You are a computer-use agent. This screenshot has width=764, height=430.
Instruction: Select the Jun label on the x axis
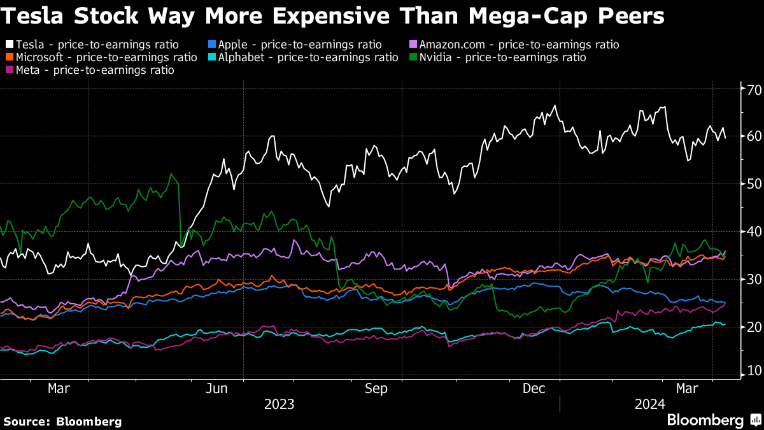[216, 389]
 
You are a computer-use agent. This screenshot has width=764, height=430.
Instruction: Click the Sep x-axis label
[376, 389]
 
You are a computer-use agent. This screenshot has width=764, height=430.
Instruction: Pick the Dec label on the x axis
[534, 389]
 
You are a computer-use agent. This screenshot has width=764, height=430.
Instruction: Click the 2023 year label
[279, 404]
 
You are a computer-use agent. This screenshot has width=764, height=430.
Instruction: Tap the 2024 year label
[649, 404]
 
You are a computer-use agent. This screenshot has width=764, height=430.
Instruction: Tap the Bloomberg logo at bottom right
[704, 420]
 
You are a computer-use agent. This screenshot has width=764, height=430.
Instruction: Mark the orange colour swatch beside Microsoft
[10, 57]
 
